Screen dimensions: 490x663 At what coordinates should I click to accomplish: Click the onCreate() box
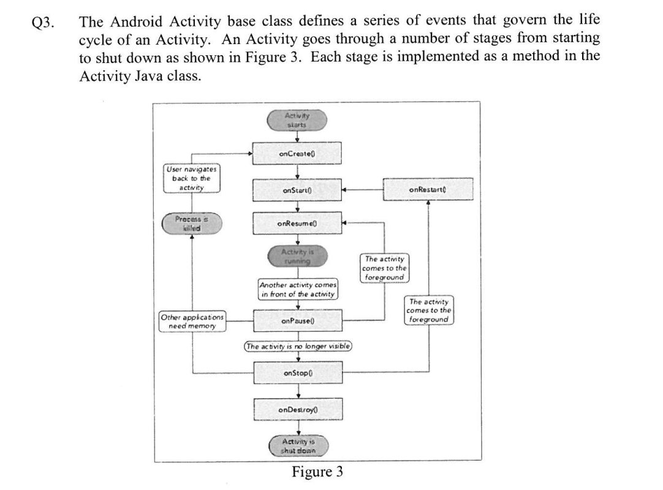(x=297, y=153)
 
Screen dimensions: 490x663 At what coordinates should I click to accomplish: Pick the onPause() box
(x=297, y=320)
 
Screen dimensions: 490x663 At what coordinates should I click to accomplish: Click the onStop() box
(x=297, y=372)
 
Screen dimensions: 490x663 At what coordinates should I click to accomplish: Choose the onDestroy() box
(x=297, y=409)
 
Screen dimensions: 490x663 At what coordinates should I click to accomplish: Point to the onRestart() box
(x=428, y=189)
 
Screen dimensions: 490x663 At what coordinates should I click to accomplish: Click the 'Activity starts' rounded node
(x=297, y=120)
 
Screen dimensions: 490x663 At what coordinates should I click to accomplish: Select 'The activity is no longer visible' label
(x=297, y=346)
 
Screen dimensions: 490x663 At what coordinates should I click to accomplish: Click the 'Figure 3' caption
(x=317, y=472)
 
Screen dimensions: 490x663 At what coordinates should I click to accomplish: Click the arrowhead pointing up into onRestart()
(x=428, y=203)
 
